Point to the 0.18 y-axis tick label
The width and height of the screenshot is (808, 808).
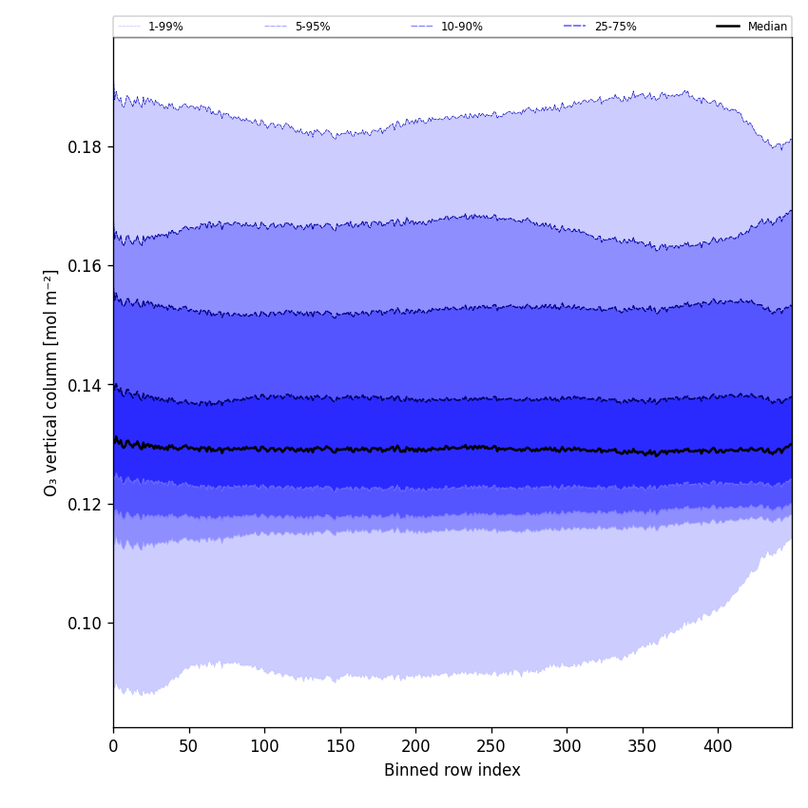(84, 147)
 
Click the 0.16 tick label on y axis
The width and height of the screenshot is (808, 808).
(84, 266)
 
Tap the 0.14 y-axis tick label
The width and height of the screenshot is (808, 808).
(84, 385)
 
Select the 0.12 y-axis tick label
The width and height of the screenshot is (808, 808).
(84, 504)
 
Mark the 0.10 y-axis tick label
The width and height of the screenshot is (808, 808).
(84, 624)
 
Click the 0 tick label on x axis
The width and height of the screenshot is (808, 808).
(113, 747)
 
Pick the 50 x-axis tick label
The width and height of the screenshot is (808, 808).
(188, 747)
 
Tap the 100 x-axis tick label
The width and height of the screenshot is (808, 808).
(264, 747)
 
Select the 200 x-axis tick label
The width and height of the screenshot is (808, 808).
(415, 747)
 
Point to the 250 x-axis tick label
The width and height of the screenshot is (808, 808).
(491, 747)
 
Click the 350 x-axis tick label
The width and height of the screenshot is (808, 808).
(643, 747)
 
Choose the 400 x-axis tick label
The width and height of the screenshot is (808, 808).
(718, 747)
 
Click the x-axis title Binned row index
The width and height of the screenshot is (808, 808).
(452, 771)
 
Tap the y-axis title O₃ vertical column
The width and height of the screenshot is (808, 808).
(51, 382)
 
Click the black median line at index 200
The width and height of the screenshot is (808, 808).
(415, 449)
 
